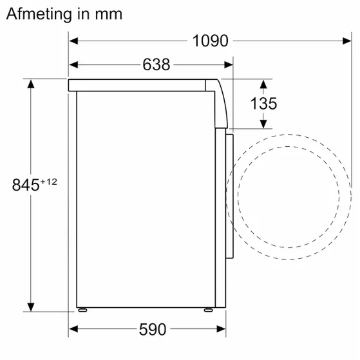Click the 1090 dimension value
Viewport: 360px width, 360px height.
(210, 41)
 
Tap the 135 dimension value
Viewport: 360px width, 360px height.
(264, 103)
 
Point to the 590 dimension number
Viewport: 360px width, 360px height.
(153, 330)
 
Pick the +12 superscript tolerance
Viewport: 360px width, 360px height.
(49, 182)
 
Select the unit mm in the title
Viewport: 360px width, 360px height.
(109, 13)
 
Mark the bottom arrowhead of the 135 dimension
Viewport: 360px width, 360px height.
(264, 123)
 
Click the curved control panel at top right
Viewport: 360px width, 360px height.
(222, 103)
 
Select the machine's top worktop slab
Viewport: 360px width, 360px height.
(138, 84)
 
